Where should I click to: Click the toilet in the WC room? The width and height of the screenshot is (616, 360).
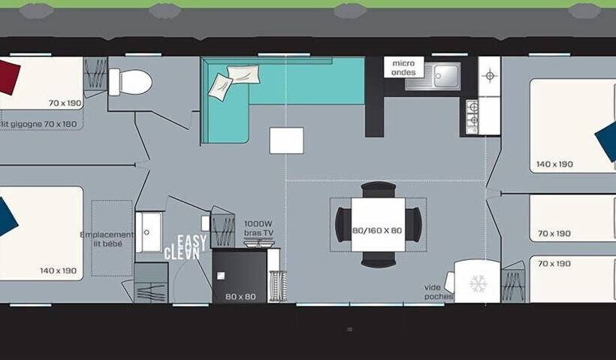click(131, 82)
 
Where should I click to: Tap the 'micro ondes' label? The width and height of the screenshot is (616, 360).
click(403, 68)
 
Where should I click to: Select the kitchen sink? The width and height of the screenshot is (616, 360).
click(445, 74)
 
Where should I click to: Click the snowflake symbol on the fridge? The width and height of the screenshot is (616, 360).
click(478, 283)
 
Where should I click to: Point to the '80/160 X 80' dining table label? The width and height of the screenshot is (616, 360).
click(377, 230)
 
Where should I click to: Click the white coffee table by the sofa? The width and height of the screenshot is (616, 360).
click(286, 141)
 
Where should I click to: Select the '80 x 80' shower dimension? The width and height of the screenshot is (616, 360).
click(240, 297)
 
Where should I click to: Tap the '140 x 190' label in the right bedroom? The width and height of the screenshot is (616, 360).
click(554, 164)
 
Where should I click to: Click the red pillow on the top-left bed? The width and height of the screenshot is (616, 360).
click(8, 77)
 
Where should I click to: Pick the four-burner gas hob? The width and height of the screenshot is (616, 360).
click(473, 116)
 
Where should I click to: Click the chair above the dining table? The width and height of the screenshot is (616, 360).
click(378, 189)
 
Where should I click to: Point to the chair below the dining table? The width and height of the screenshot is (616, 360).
click(378, 261)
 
